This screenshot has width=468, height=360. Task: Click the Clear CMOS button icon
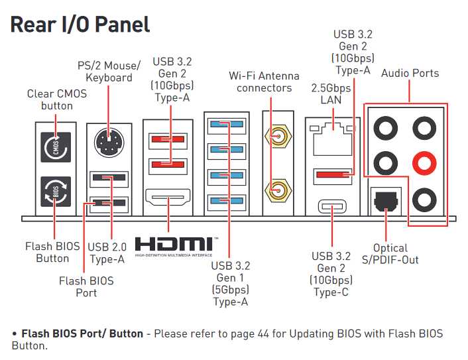tap(56, 148)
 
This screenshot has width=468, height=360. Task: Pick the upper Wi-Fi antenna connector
tap(278, 137)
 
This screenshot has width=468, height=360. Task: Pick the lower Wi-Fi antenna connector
tap(278, 190)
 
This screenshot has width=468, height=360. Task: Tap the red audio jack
tap(424, 161)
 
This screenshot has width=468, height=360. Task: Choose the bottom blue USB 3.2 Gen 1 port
tap(226, 200)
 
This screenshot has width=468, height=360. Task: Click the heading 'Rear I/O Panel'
tap(80, 25)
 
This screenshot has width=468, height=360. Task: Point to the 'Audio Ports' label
tap(410, 73)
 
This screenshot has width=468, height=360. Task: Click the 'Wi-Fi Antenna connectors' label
tap(264, 82)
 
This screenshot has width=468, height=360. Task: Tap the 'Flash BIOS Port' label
tap(86, 287)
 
